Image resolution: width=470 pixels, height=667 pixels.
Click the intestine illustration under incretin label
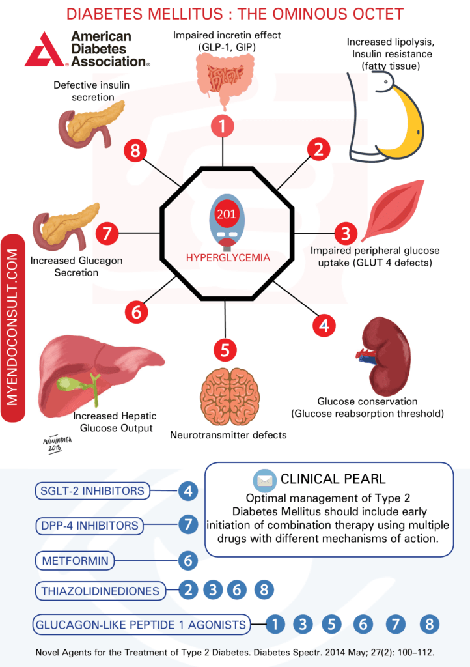click(223, 82)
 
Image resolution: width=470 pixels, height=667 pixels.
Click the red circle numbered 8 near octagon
click(135, 152)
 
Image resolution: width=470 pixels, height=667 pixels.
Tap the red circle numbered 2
click(318, 149)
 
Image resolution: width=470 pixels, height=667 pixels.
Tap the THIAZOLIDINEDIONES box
click(99, 591)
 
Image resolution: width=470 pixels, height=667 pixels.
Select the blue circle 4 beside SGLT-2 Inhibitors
click(188, 490)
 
